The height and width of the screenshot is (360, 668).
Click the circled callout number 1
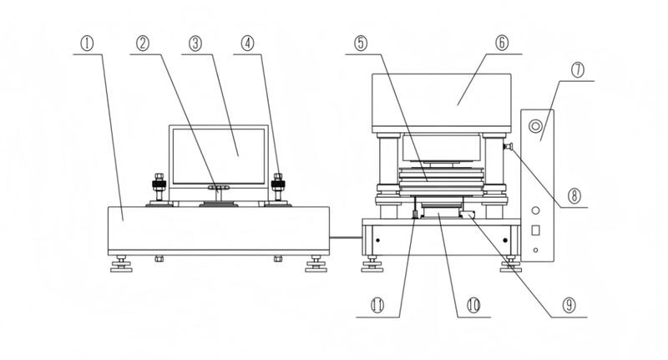[88, 43]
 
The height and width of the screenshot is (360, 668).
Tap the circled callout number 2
[143, 43]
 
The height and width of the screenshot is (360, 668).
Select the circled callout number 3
[195, 43]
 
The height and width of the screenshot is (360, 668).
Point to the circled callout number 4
[247, 43]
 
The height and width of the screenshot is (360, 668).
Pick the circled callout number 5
[361, 43]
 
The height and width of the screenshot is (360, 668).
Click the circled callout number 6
[502, 43]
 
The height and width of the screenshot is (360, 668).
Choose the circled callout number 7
[578, 70]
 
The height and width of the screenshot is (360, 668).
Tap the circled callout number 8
[574, 196]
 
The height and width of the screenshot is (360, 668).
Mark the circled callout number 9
[569, 305]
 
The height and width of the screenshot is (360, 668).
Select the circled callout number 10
[473, 305]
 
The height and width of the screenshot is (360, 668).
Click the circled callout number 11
[377, 305]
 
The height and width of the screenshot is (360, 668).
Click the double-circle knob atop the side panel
[535, 126]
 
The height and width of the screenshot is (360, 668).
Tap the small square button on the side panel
[535, 230]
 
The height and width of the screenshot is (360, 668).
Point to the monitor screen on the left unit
[219, 156]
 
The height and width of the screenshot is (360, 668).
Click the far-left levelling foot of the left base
[121, 264]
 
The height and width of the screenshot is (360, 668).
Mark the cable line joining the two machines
[346, 237]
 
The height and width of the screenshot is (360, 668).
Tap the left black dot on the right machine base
[377, 241]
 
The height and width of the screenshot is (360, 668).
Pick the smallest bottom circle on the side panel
[535, 250]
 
